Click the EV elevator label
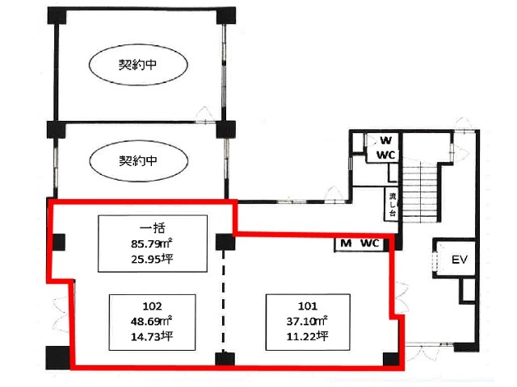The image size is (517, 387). click(x=460, y=260)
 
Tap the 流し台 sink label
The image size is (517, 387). click(x=393, y=204)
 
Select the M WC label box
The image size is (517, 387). click(x=359, y=243)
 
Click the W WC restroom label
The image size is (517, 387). click(x=385, y=148)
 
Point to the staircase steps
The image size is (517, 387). click(x=419, y=194)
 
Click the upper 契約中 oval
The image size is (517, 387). click(x=138, y=64)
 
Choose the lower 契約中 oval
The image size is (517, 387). click(x=138, y=161)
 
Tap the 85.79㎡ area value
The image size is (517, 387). click(x=152, y=243)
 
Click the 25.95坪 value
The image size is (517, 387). click(x=152, y=260)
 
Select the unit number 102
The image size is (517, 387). click(x=152, y=306)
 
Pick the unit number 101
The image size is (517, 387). click(x=308, y=306)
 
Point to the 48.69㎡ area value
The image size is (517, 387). click(x=152, y=321)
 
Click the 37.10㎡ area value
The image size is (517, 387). click(x=307, y=321)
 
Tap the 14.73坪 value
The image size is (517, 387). click(x=152, y=337)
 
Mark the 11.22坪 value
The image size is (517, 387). click(x=307, y=336)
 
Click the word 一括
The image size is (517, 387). click(x=153, y=227)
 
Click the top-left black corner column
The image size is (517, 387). click(x=57, y=15)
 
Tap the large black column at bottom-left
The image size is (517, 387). click(x=57, y=357)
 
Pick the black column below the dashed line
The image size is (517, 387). click(x=225, y=359)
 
